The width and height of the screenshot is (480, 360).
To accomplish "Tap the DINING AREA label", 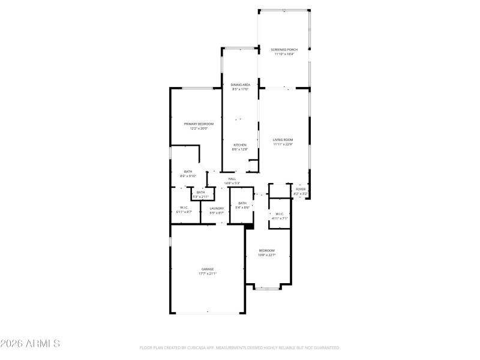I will coord(240,85).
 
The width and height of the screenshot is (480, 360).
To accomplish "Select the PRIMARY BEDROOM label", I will coord(199,124).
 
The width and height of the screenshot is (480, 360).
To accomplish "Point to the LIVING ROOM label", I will coord(283,140).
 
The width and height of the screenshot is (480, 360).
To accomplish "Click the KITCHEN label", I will coord(240,145).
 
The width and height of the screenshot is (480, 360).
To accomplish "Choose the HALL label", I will coord(232,178).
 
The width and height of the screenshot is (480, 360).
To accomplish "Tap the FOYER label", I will coord(300,189).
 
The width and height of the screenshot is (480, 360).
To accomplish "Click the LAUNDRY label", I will coord(217,208).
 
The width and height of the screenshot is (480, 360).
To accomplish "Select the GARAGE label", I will coord(208,269).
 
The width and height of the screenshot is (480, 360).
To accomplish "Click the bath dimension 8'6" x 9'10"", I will coord(188,176).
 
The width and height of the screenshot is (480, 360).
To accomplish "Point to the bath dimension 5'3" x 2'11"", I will coord(200,197).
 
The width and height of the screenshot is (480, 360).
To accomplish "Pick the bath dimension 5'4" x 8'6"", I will coord(242,208).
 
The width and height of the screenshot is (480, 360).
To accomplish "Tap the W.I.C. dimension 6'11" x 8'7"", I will coord(184,212).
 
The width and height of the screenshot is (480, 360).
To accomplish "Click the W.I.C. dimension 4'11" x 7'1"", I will coord(280,218).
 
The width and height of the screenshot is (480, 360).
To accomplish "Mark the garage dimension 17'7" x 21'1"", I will coord(208,274).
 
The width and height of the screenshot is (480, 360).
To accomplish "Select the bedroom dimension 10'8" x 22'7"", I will coord(267,254).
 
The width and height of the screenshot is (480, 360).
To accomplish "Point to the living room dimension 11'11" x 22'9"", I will coord(283,144).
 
